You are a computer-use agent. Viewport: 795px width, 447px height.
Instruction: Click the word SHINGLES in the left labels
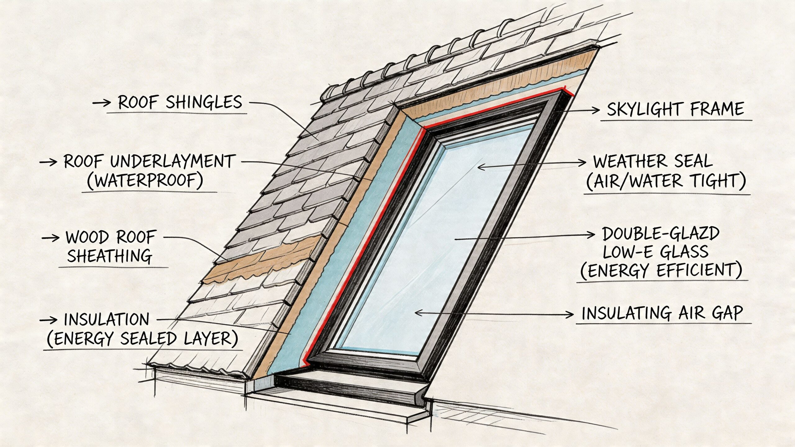(x=204, y=102)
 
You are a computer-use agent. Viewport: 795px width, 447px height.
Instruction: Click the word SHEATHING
(x=110, y=256)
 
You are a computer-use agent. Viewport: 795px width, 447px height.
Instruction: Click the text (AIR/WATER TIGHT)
(x=666, y=181)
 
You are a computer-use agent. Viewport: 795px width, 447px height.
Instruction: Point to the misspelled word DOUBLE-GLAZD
(x=661, y=234)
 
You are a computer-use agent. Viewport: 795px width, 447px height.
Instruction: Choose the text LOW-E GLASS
(x=656, y=252)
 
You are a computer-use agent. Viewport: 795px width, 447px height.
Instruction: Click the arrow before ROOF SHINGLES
(x=102, y=103)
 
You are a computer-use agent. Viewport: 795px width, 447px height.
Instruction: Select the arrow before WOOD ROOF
(x=50, y=238)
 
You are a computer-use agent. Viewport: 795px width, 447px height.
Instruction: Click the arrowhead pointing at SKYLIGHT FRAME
(x=595, y=110)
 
